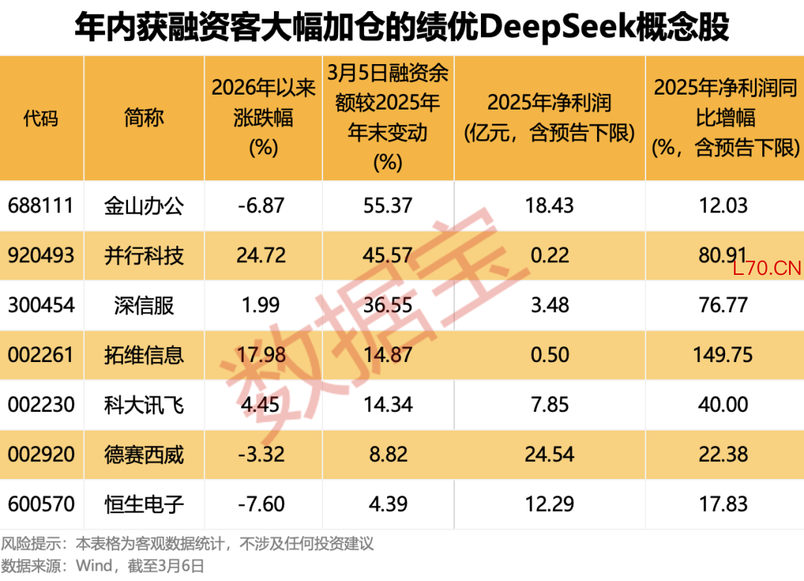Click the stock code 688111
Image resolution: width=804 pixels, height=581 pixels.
coord(42,205)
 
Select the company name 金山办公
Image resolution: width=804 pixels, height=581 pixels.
coord(144,205)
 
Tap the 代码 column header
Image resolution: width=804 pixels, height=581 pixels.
coord(42,118)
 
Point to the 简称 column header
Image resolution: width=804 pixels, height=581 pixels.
coord(144,118)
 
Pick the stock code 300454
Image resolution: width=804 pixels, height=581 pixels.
coord(42,305)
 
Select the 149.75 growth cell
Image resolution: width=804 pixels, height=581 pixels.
coord(724,355)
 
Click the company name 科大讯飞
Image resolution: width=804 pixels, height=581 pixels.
coord(144,404)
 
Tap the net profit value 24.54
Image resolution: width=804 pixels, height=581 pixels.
coord(549,454)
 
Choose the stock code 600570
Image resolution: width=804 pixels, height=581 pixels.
coord(42,504)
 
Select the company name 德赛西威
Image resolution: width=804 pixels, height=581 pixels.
coord(144,454)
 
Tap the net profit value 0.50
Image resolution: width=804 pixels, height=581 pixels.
coord(549,355)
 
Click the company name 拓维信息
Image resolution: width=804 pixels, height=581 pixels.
coord(144,355)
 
